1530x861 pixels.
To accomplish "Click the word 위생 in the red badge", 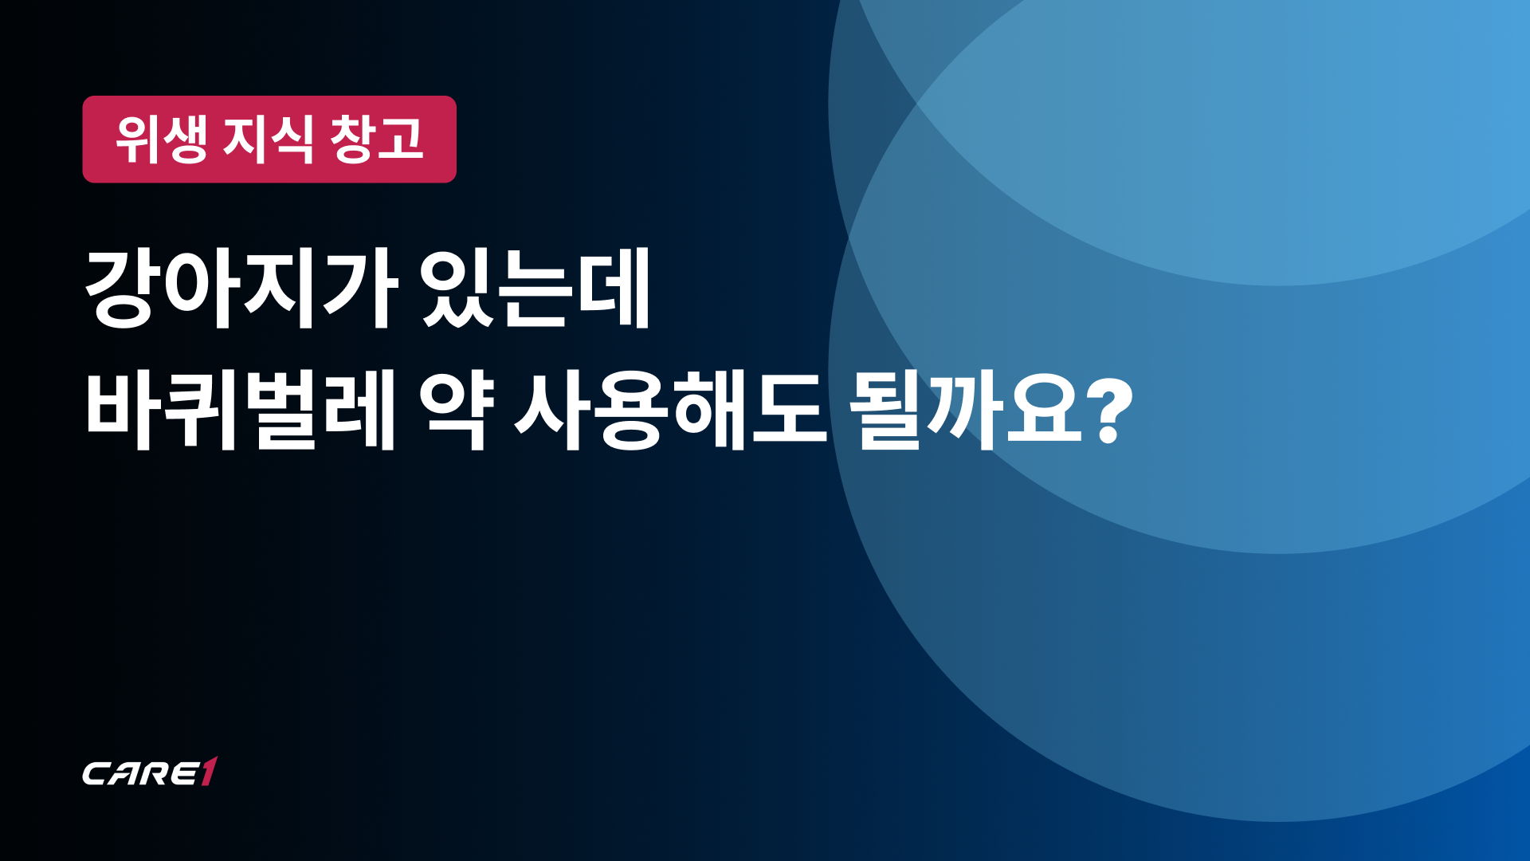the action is click(x=162, y=140).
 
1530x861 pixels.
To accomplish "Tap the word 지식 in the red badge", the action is click(x=269, y=140).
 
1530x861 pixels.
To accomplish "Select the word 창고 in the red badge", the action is click(x=376, y=140).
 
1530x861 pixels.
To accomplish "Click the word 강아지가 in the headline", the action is click(x=241, y=288).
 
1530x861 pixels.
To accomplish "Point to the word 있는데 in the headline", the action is click(x=535, y=288).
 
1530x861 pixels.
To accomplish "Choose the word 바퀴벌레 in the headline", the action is click(x=241, y=411).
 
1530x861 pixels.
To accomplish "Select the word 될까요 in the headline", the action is click(x=967, y=411).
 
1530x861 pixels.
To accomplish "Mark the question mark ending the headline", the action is click(x=1110, y=412).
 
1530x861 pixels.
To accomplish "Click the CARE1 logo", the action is click(x=150, y=771).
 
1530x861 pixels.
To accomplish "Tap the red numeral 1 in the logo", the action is click(x=208, y=771).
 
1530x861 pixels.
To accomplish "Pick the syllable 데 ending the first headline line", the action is click(x=614, y=288).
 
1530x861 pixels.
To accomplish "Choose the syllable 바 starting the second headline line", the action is click(x=123, y=411).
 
